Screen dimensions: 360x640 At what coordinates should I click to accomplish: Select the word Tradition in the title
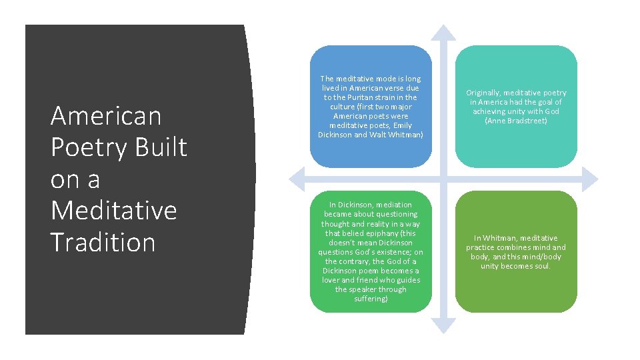(103, 242)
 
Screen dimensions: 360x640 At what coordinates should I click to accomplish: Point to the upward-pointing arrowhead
(443, 32)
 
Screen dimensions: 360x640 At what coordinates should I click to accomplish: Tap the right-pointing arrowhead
(591, 179)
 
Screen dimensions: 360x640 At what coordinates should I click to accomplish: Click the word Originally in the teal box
(483, 93)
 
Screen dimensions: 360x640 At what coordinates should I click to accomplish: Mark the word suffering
(370, 299)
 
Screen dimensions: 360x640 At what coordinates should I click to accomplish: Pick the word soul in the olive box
(540, 266)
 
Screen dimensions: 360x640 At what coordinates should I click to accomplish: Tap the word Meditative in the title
(113, 211)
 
